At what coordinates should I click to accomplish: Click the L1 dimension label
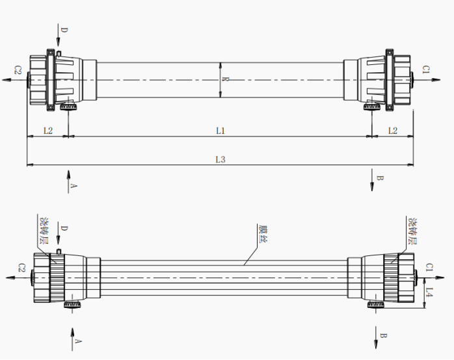[220, 131]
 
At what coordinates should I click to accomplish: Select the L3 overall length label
[220, 160]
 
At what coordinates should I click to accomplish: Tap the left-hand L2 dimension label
[47, 131]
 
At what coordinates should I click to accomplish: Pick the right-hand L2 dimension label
[393, 131]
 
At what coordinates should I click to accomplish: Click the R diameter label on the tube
[226, 80]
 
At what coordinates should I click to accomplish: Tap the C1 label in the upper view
[427, 69]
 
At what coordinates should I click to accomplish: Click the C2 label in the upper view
[18, 70]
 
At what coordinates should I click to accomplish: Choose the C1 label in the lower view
[429, 267]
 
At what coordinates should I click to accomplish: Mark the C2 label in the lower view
[21, 268]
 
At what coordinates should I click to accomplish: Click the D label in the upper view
[64, 30]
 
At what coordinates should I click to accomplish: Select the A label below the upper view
[73, 185]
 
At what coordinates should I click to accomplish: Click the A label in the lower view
[78, 340]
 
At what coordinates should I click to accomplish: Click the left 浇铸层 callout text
[43, 231]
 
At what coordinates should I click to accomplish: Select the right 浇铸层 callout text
[412, 231]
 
